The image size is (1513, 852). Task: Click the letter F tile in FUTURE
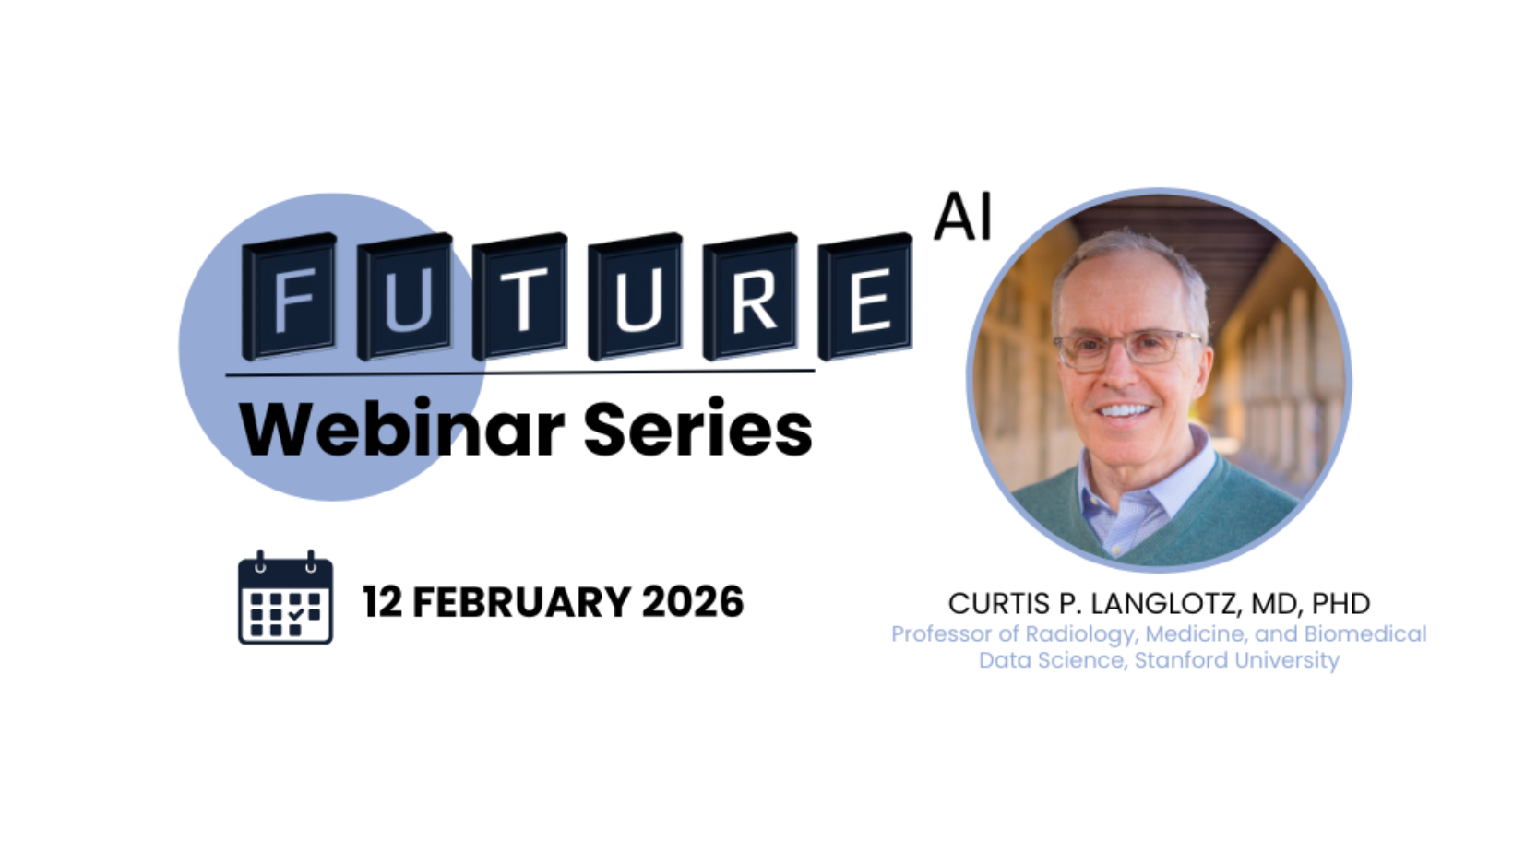point(289,296)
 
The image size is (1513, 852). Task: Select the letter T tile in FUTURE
point(520,296)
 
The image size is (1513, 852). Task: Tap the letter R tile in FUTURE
point(750,296)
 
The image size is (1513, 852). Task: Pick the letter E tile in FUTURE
point(865,296)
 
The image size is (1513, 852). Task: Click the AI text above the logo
point(962,217)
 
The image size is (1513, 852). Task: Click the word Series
point(697,428)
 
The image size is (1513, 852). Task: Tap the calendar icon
point(286,598)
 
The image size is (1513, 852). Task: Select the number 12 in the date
point(382,601)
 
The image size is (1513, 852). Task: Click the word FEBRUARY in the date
point(522,601)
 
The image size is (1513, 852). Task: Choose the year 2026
point(693,601)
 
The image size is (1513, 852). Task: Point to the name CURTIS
point(1000,604)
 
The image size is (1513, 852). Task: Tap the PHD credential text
point(1340,604)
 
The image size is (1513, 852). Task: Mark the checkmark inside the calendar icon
point(296,614)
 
